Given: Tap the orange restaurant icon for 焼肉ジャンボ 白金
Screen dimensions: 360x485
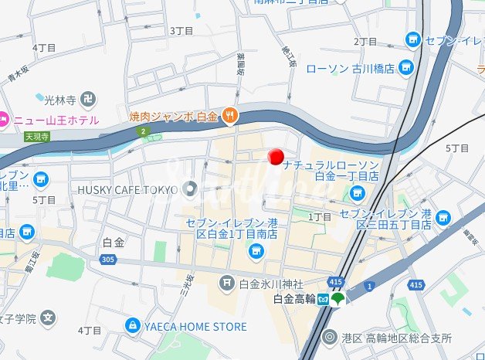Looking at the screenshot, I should [x=229, y=117].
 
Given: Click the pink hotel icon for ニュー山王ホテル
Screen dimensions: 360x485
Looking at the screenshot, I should [x=2, y=120].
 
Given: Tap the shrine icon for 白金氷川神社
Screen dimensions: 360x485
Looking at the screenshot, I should [x=227, y=284].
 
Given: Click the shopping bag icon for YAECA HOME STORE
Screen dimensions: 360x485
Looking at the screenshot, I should [x=133, y=327].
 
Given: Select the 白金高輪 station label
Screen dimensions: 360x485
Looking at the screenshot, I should [x=294, y=300].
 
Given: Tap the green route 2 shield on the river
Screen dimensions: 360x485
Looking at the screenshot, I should [x=143, y=131].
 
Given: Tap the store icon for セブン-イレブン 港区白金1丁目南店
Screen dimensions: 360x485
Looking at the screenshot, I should [x=256, y=250].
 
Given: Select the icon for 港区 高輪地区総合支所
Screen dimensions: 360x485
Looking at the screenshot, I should [x=331, y=338].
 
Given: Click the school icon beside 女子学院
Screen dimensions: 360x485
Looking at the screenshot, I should [x=48, y=318].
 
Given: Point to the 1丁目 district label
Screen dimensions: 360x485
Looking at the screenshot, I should [x=320, y=217].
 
